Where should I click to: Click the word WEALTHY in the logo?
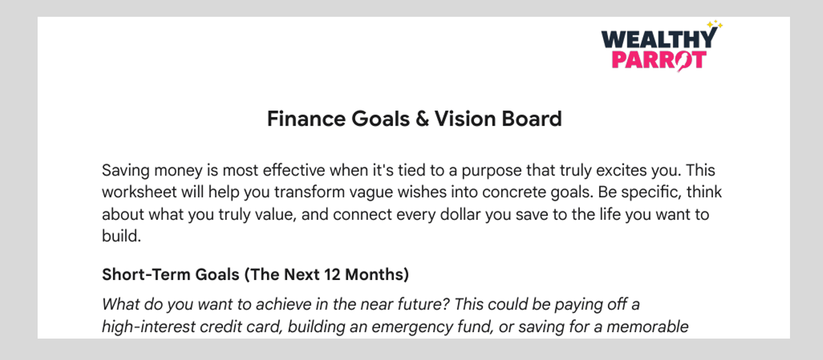[659, 39]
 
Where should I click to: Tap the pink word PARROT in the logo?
[659, 60]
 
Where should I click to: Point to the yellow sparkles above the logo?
[715, 24]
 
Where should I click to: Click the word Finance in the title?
[306, 119]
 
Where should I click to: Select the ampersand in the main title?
[422, 119]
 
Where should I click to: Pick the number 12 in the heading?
[332, 274]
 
